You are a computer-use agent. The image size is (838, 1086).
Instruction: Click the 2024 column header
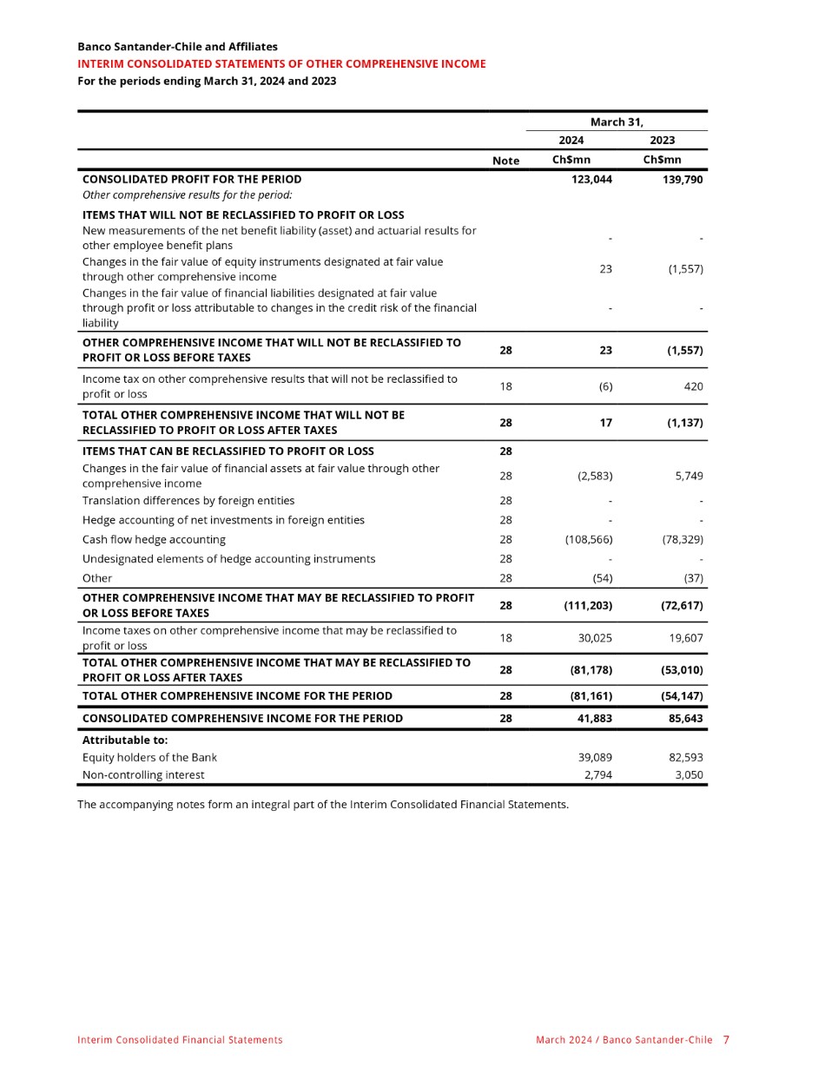(571, 140)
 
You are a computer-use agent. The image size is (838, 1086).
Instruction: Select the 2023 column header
(662, 140)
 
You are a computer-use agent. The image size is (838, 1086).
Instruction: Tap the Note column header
(505, 161)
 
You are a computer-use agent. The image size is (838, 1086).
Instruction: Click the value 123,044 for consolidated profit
(591, 180)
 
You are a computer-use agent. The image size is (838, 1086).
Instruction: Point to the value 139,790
(682, 180)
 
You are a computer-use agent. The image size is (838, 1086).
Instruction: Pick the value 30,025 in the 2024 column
(595, 638)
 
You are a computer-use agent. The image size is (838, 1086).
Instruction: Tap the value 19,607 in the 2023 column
(685, 638)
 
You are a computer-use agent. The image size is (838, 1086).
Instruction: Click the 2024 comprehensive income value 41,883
(593, 719)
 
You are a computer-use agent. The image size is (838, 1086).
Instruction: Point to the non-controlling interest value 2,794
(597, 775)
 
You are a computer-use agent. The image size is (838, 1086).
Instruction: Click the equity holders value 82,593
(685, 758)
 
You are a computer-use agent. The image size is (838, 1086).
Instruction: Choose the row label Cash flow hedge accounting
(154, 540)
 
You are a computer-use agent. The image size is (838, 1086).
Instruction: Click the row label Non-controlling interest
(143, 775)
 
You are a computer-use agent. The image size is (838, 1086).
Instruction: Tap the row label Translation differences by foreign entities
(188, 501)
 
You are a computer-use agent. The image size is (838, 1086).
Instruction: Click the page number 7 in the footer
(726, 1040)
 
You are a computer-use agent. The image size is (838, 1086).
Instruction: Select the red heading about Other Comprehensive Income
(281, 64)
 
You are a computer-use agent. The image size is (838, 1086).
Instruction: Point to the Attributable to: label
(125, 740)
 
